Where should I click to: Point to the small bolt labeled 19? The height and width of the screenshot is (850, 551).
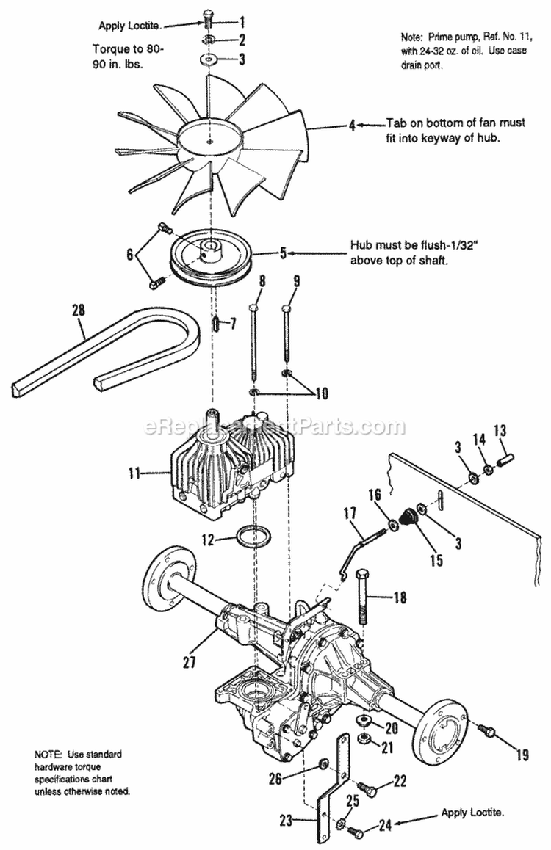pyautogui.click(x=485, y=730)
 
